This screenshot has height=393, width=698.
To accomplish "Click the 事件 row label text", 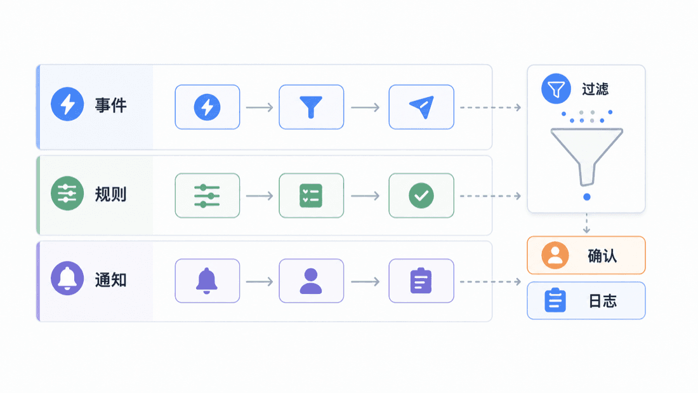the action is pos(111,105).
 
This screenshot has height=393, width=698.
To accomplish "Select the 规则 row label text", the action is pos(111,194).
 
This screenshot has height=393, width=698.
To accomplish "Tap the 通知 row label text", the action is pos(111,280).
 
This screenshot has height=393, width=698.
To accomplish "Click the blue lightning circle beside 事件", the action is pos(67,104).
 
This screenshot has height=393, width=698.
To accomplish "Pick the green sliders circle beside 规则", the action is pos(67,194).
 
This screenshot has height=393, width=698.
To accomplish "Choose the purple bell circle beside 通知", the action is pos(67,279).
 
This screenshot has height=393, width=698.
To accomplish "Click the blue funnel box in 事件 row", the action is pos(311,107).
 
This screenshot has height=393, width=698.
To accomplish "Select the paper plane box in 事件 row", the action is pos(421,107).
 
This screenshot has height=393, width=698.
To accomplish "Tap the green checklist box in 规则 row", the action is pos(311,196).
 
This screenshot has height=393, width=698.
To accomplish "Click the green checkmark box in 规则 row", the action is pos(421,196).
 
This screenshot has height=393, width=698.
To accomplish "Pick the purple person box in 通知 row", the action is pos(311,281).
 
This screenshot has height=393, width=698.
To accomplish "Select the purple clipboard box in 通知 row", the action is pos(421,281).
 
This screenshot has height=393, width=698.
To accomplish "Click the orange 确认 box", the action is pos(586,255).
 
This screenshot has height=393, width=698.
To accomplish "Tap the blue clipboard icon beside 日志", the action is pos(555,300).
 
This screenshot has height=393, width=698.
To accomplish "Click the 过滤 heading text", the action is pos(595,89).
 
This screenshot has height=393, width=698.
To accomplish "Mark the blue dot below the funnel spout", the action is pos(587,197).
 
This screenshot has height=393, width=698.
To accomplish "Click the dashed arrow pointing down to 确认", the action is pos(586,223).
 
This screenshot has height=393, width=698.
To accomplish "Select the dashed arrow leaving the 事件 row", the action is pos(491,107).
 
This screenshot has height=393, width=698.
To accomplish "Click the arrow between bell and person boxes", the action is pos(260,282).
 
